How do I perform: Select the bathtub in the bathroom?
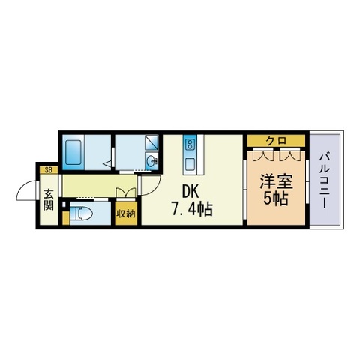pyautogui.click(x=73, y=154)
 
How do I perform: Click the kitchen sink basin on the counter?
pyautogui.click(x=190, y=163)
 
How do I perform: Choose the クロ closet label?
pyautogui.click(x=274, y=141)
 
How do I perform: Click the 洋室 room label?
pyautogui.click(x=275, y=181)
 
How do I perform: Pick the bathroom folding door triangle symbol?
pyautogui.click(x=108, y=160)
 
